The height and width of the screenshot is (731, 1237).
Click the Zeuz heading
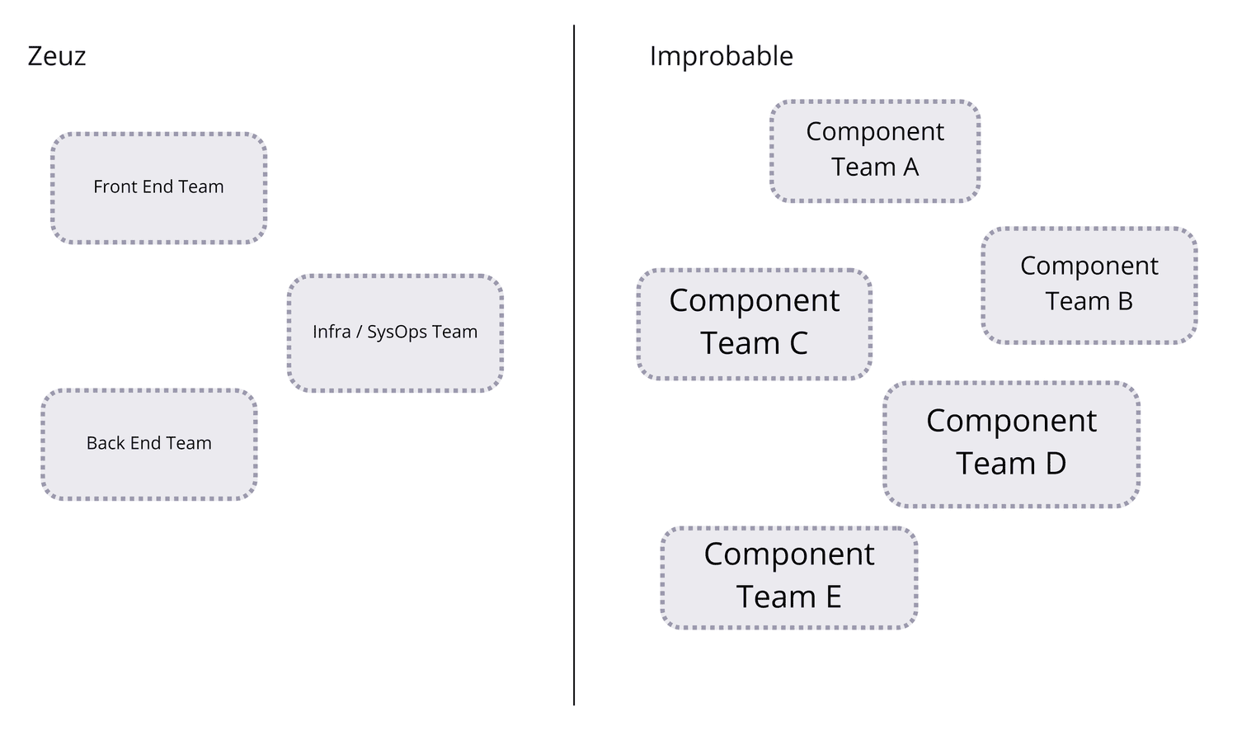pos(57,56)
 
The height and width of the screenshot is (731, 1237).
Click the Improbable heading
pos(721,56)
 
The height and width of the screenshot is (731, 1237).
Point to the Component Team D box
pos(1011,443)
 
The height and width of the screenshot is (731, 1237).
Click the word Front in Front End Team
pos(112,186)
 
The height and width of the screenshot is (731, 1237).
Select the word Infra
pos(332,332)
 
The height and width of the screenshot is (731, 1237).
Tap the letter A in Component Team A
pos(910,167)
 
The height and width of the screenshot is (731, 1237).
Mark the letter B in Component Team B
pos(1125,302)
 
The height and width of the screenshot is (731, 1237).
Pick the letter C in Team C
pos(797,343)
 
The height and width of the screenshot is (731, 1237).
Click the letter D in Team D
pos(1056,464)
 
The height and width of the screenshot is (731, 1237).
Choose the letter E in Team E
pos(833,597)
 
